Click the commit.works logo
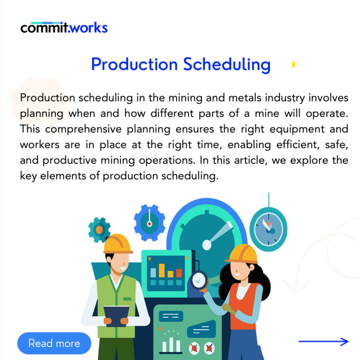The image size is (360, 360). [x=64, y=27]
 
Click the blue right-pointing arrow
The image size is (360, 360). [x=323, y=342]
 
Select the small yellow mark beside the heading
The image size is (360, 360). [x=293, y=65]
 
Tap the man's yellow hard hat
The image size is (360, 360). [x=117, y=244]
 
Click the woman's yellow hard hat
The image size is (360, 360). [x=242, y=253]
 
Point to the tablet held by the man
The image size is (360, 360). [x=116, y=314]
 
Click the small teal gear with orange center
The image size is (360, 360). [x=99, y=229]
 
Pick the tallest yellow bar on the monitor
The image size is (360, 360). [x=162, y=270]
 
